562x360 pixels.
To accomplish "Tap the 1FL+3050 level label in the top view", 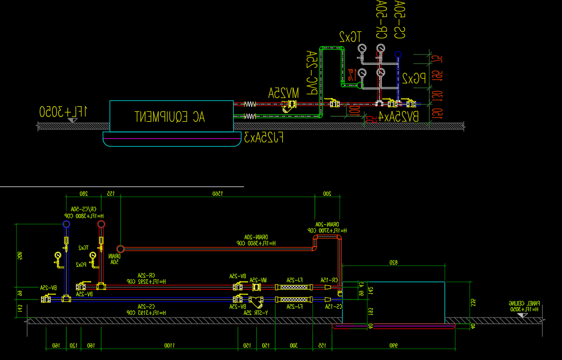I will pyautogui.click(x=64, y=111).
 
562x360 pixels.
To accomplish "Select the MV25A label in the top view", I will pyautogui.click(x=283, y=93).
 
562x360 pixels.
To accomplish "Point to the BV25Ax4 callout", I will pyautogui.click(x=398, y=118).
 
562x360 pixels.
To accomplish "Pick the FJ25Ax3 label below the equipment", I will pyautogui.click(x=264, y=138).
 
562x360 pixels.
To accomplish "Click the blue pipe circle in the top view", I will pyautogui.click(x=398, y=54).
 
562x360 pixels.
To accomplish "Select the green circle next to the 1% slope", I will pyautogui.click(x=361, y=85).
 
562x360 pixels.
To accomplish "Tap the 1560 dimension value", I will pyautogui.click(x=217, y=194).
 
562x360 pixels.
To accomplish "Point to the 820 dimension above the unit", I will pyautogui.click(x=393, y=263).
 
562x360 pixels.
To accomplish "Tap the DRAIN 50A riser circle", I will pyautogui.click(x=120, y=249).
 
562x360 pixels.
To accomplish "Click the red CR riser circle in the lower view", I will pyautogui.click(x=101, y=224).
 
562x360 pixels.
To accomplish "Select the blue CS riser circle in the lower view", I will pyautogui.click(x=66, y=224).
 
